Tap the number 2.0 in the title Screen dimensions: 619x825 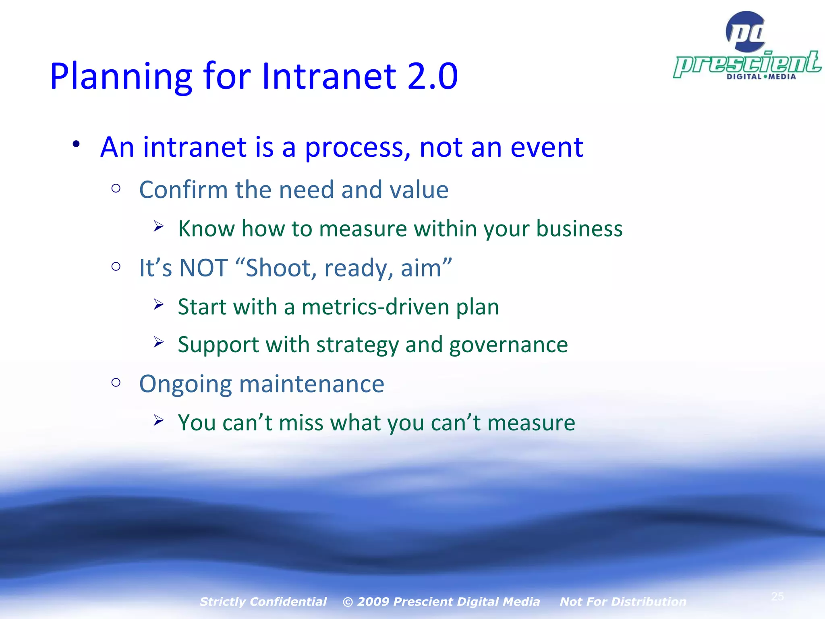coord(433,77)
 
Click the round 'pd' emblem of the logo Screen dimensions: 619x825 coord(746,31)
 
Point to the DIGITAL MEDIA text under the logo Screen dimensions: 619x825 coord(761,77)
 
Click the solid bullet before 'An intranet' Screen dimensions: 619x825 coord(77,144)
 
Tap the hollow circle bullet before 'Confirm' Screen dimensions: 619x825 coord(116,188)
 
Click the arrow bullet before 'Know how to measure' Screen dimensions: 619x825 coord(158,226)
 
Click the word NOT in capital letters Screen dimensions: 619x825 coord(204,268)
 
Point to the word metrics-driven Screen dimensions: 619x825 coord(375,307)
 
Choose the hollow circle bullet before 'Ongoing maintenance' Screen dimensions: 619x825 coord(116,382)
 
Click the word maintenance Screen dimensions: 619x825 coord(312,384)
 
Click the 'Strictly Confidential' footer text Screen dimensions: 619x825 coord(263,602)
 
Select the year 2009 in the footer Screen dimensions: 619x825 coord(373,602)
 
